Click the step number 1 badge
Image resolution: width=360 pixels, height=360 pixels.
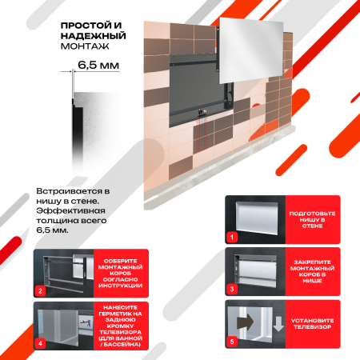(232, 237)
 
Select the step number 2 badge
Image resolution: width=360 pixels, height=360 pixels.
(40, 290)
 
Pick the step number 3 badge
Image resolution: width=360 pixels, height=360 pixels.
(232, 290)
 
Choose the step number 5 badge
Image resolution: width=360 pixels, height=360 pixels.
(232, 342)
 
